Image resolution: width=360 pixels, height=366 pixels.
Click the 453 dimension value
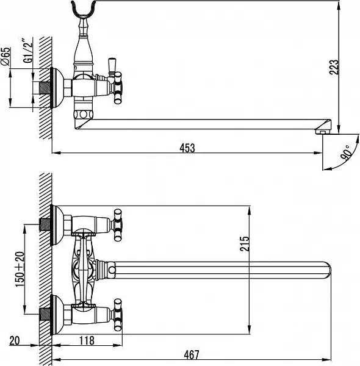187,148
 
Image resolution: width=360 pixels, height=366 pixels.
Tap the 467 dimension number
192,355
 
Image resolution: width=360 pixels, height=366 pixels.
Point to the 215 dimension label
245,244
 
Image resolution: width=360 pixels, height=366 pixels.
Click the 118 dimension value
87,340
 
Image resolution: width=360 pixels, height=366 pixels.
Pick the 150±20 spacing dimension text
20,269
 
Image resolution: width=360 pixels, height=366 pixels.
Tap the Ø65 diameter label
5,56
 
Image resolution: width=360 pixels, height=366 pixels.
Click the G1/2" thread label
28,51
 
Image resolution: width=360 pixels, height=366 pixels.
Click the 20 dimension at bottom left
15,340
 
